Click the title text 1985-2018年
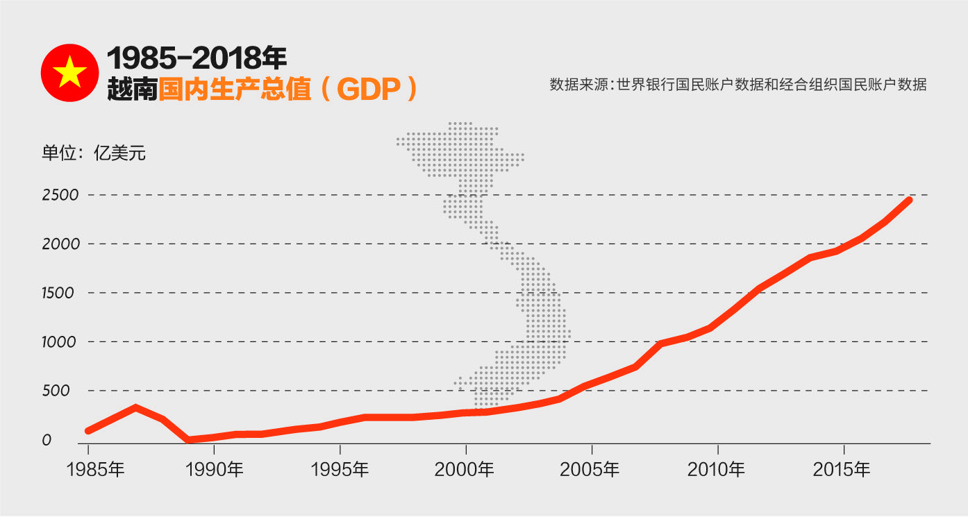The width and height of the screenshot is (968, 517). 197,58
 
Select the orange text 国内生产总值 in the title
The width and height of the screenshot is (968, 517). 235,90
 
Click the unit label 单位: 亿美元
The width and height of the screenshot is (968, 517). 94,153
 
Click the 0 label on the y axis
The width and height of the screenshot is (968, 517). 47,440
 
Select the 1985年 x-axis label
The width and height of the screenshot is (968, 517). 96,470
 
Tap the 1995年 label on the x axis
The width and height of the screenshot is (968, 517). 340,470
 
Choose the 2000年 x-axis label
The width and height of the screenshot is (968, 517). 465,470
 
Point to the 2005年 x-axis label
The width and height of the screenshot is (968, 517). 590,470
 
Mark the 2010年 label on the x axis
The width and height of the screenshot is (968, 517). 716,470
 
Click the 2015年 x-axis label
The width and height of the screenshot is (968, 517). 842,470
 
